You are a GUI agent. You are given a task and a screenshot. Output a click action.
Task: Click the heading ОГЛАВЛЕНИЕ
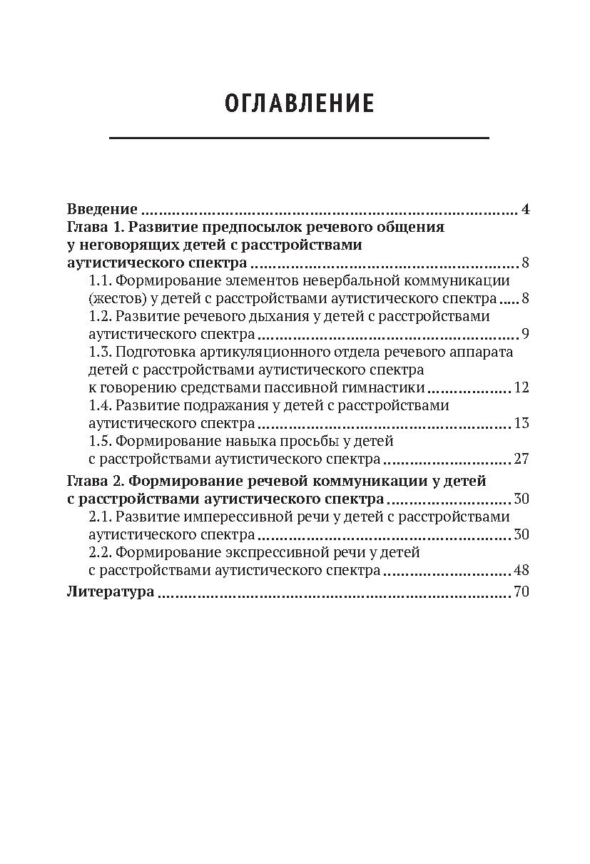click(x=299, y=104)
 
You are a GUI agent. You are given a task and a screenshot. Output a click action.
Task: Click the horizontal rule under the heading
click(x=299, y=138)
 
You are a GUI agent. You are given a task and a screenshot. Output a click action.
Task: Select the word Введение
click(x=102, y=210)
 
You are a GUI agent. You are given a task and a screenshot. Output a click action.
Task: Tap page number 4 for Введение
click(x=525, y=210)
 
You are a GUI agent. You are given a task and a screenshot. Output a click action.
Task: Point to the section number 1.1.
click(x=99, y=280)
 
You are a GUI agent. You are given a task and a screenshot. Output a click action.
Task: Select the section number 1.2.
click(x=99, y=316)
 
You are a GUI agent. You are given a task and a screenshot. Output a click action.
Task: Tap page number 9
click(x=525, y=334)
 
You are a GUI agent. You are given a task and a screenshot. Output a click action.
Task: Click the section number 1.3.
click(x=99, y=352)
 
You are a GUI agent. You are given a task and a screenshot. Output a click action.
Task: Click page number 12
click(x=522, y=388)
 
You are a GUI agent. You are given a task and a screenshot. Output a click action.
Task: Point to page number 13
click(x=522, y=424)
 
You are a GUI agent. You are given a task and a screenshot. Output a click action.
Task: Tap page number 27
click(x=522, y=459)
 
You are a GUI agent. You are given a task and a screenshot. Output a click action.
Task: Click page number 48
click(x=522, y=570)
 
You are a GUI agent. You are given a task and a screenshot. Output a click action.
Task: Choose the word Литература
click(x=111, y=592)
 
